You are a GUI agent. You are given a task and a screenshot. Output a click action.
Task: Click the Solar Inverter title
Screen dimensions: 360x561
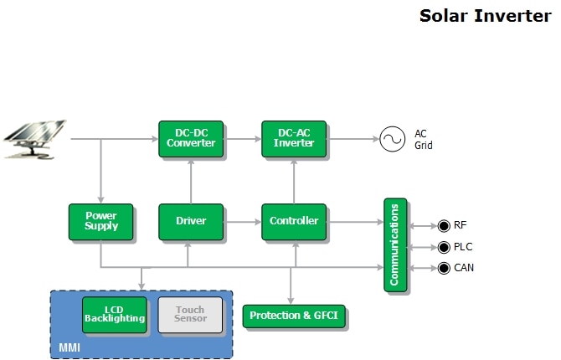pyautogui.click(x=485, y=16)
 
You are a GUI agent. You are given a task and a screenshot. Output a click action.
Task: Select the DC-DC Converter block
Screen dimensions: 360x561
pyautogui.click(x=191, y=138)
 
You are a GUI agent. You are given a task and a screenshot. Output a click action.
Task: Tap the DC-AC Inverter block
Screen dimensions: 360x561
pyautogui.click(x=294, y=138)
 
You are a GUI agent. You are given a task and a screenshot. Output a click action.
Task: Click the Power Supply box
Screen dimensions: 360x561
pyautogui.click(x=100, y=221)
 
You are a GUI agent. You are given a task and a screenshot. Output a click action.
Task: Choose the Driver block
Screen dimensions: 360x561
pyautogui.click(x=191, y=221)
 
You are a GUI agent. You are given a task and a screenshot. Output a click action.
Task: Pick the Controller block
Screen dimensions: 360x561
pyautogui.click(x=294, y=221)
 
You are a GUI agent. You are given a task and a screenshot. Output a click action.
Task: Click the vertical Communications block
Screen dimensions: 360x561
pyautogui.click(x=395, y=244)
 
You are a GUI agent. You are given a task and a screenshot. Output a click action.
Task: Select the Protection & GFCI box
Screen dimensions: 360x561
pyautogui.click(x=294, y=316)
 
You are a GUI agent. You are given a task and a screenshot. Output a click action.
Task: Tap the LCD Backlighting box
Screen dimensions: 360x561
pyautogui.click(x=115, y=315)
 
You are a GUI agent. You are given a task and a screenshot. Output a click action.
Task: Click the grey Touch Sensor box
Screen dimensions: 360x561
pyautogui.click(x=190, y=315)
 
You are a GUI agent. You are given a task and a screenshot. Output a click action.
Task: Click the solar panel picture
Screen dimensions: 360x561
pyautogui.click(x=36, y=139)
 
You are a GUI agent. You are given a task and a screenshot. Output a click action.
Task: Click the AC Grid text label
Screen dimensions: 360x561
pyautogui.click(x=424, y=139)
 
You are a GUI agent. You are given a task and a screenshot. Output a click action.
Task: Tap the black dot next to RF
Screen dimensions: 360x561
pyautogui.click(x=444, y=226)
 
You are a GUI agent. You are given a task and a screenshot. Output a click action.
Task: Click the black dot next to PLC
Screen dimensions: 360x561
pyautogui.click(x=444, y=247)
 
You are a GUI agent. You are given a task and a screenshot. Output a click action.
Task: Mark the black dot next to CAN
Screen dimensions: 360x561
pyautogui.click(x=444, y=268)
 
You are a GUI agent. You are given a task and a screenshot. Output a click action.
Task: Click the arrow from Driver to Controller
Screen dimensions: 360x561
pyautogui.click(x=242, y=221)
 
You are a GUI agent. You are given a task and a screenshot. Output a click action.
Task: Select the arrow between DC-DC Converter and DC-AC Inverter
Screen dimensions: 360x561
pyautogui.click(x=242, y=138)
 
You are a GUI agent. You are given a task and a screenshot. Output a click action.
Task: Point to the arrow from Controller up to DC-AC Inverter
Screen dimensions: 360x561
pyautogui.click(x=294, y=180)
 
